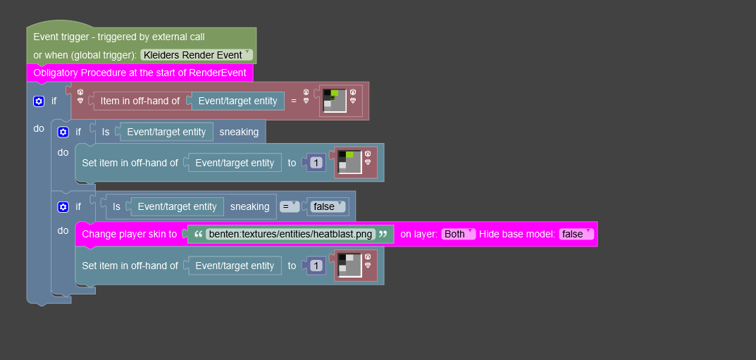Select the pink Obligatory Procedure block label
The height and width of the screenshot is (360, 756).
(140, 73)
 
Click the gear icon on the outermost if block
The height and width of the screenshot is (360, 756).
(39, 101)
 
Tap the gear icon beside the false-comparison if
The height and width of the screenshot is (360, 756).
(63, 206)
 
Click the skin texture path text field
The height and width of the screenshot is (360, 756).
(289, 234)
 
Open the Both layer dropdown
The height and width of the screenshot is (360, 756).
(459, 234)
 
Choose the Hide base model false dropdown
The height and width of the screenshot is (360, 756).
(576, 234)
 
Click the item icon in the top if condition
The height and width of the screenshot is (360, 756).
(335, 101)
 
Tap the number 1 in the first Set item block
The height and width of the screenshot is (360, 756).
(316, 163)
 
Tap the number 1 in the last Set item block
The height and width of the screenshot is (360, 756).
(316, 266)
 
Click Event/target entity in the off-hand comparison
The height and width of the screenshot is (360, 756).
(237, 101)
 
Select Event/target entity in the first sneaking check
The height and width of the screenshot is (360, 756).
(166, 132)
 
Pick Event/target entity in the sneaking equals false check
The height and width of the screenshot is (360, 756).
(177, 206)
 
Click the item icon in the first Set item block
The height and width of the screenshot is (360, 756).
(349, 162)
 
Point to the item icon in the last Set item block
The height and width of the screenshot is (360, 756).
(349, 266)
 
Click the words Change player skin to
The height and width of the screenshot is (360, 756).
(130, 234)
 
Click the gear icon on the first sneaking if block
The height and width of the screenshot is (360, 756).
(63, 132)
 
